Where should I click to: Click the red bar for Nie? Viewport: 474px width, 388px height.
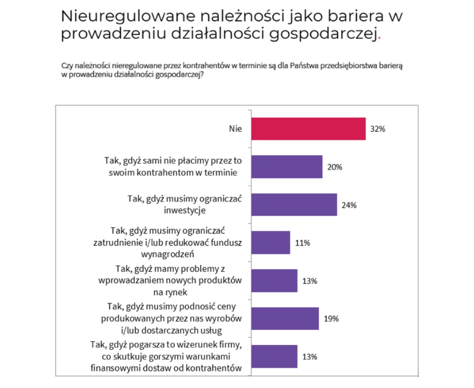click(x=309, y=129)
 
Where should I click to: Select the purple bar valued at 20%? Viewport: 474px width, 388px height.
click(x=287, y=167)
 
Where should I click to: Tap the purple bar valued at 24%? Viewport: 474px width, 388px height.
click(x=294, y=205)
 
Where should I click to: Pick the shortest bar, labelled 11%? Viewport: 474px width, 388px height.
click(x=271, y=243)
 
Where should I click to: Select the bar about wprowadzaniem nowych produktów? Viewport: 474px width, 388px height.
click(x=274, y=281)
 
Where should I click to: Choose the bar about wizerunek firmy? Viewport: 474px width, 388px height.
click(x=274, y=356)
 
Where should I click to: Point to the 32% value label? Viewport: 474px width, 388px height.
click(x=378, y=130)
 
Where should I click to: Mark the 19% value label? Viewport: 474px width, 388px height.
click(x=331, y=319)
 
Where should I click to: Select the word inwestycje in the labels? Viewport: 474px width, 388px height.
click(x=189, y=211)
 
